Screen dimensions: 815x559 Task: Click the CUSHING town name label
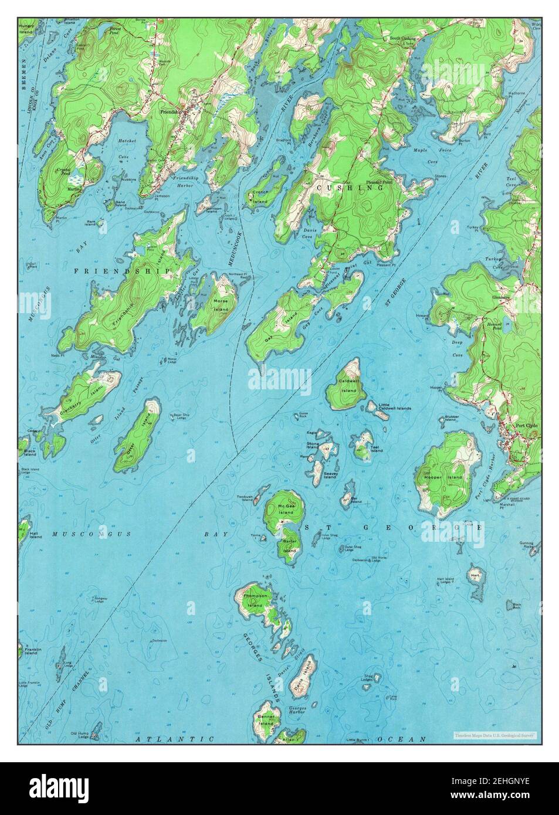coord(350,188)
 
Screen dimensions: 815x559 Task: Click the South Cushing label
coord(402,39)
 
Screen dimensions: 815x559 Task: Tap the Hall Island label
coord(35,535)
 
